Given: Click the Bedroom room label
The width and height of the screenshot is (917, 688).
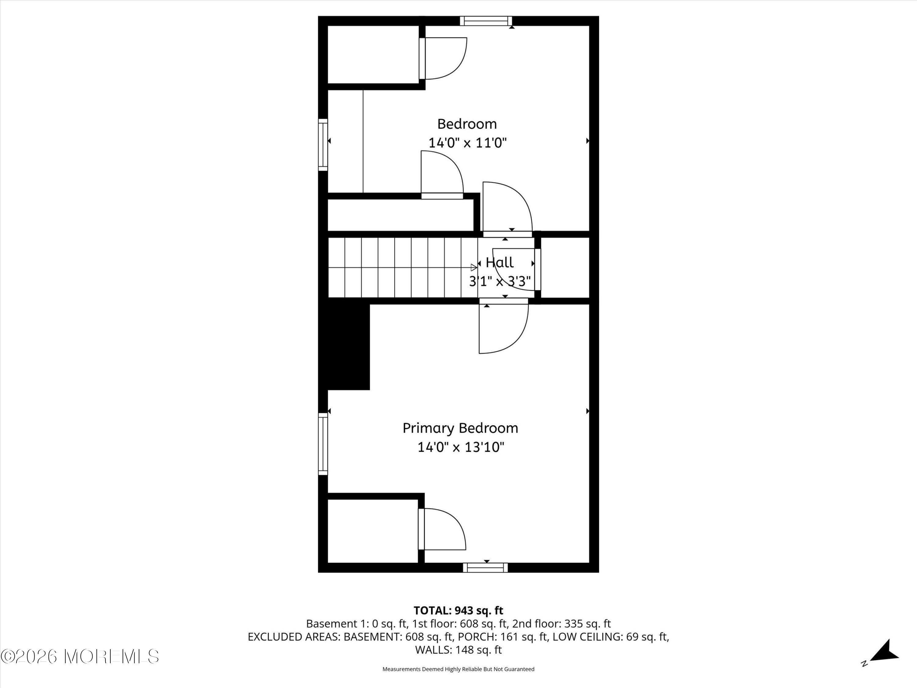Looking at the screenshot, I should click(467, 124).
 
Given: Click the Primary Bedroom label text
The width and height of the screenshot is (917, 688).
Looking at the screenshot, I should click(460, 428).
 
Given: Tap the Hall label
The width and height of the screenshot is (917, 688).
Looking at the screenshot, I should click(499, 262).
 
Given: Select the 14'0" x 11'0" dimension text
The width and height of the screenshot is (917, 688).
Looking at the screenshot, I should click(467, 143).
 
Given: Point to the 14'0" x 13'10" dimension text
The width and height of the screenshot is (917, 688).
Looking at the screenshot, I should click(461, 447).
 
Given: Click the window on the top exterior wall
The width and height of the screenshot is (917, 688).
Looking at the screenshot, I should click(486, 21).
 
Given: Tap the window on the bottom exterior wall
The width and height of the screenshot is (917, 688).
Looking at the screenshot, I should click(485, 568).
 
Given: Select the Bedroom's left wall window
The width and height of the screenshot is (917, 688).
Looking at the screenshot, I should click(323, 145).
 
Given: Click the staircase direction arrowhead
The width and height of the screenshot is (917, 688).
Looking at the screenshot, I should click(473, 268).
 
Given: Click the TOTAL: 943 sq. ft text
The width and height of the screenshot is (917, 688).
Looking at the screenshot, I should click(458, 610).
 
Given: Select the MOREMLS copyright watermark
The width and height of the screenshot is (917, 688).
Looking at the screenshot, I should click(79, 657).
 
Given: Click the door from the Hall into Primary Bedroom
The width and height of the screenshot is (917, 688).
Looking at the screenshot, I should click(503, 327).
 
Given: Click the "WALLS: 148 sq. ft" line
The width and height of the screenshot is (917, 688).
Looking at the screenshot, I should click(458, 650).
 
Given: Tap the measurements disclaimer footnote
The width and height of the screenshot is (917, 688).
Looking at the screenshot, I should click(458, 669).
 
